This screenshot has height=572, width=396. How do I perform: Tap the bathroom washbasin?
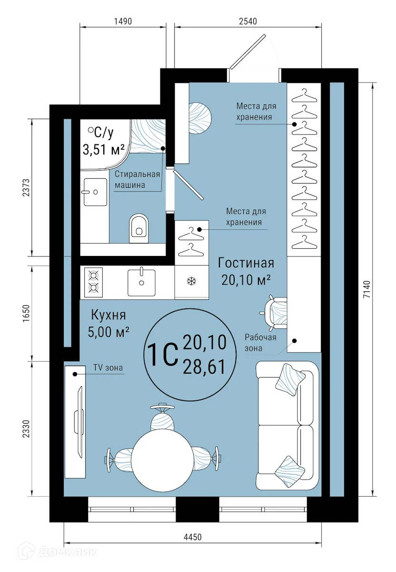[x=95, y=192]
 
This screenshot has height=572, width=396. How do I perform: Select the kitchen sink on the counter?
[x=141, y=282]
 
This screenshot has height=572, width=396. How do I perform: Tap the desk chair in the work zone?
[x=276, y=313]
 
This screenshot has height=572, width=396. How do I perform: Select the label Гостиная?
[x=246, y=263]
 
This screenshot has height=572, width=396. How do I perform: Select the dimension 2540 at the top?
[x=247, y=21]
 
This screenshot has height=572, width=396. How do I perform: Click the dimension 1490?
[x=122, y=21]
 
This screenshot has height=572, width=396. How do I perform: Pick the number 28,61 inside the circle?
[x=205, y=368]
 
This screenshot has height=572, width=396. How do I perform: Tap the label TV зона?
[x=108, y=368]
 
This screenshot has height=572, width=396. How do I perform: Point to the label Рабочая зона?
[x=260, y=343]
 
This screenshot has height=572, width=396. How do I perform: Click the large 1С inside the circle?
[x=162, y=355]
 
